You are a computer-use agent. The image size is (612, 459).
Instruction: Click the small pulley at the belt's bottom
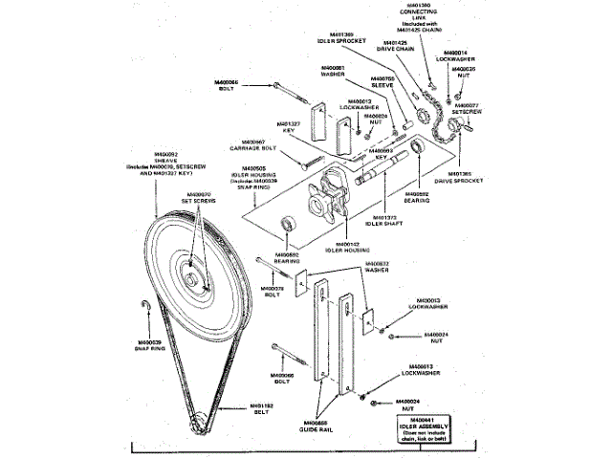[x=198, y=418]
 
